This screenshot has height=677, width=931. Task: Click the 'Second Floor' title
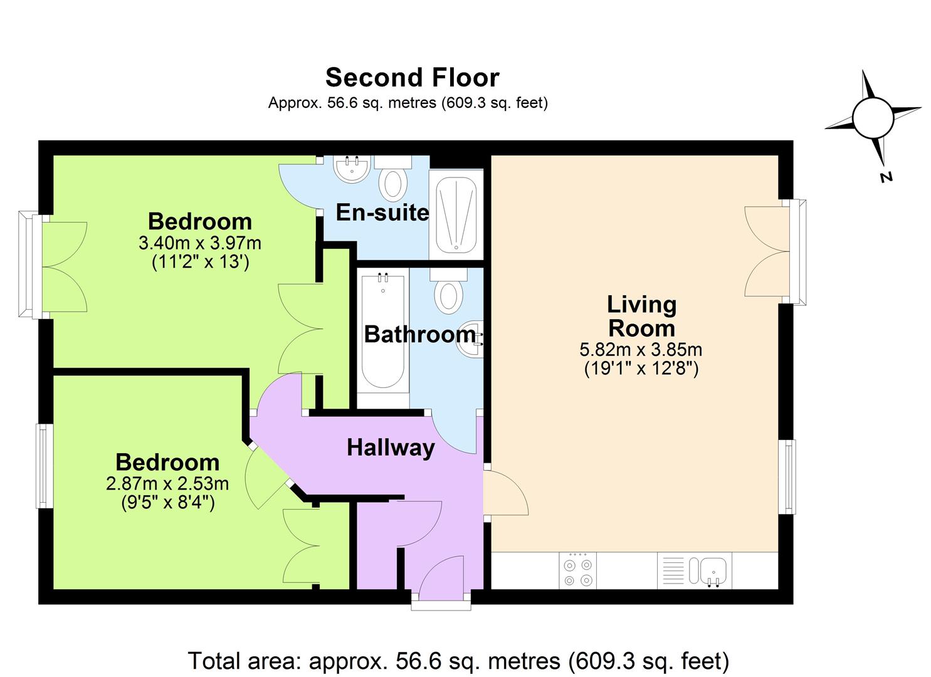pos(412,78)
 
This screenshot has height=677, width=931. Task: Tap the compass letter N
pos(886,177)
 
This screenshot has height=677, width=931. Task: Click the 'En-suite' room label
pos(382,213)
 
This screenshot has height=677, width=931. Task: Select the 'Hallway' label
pos(391,448)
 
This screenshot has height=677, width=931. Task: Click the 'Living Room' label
pos(641,317)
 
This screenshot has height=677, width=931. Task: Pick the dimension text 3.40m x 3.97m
pos(200,243)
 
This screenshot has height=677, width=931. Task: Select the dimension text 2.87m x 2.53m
pos(167,483)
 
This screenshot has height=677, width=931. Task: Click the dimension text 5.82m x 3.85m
pos(641,349)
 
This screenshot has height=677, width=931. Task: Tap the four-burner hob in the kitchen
pos(577,570)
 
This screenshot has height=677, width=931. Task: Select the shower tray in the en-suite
pos(455,214)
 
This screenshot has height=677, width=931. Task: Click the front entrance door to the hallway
pos(441,577)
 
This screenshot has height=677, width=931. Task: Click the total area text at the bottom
pos(458,661)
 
